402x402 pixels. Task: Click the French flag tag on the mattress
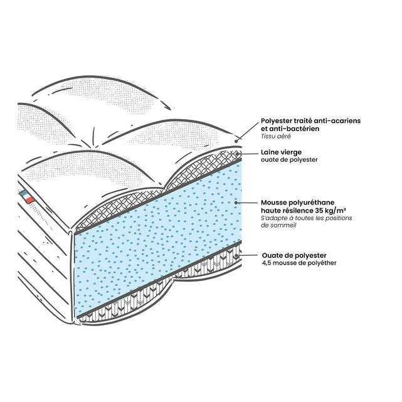[27, 197]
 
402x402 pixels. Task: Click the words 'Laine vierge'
[281, 152]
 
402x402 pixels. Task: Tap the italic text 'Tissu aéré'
[275, 136]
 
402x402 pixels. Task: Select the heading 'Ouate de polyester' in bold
[294, 256]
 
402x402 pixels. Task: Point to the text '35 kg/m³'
[330, 211]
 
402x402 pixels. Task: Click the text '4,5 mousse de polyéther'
[299, 263]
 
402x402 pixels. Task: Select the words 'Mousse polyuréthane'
[298, 203]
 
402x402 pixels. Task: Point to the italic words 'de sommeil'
[278, 225]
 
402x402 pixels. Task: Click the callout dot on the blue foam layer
[236, 203]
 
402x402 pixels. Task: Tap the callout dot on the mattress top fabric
[236, 141]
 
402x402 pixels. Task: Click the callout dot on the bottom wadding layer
[236, 256]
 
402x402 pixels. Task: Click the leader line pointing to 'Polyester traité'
[247, 131]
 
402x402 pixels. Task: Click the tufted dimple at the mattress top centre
[95, 146]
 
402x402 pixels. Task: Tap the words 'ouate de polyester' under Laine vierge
[289, 160]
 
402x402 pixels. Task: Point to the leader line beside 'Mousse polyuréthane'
[247, 203]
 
